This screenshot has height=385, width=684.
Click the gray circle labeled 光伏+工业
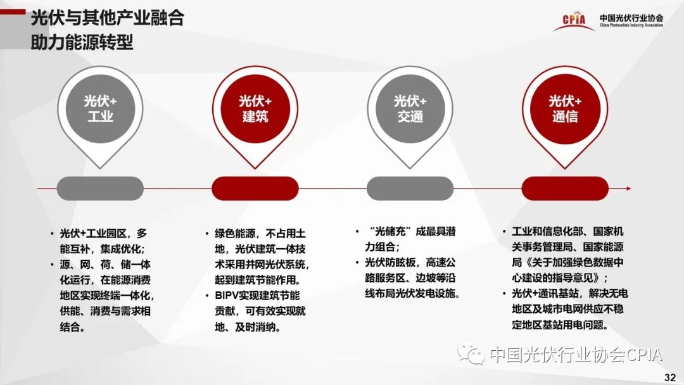pyautogui.click(x=100, y=108)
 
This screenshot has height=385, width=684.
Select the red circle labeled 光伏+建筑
pyautogui.click(x=255, y=108)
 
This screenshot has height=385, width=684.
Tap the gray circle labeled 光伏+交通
pyautogui.click(x=410, y=108)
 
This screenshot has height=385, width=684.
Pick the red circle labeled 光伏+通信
pyautogui.click(x=565, y=108)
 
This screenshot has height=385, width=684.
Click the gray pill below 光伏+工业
pyautogui.click(x=100, y=188)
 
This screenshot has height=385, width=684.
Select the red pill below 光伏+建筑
pyautogui.click(x=255, y=188)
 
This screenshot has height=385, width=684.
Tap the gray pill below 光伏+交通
pyautogui.click(x=410, y=188)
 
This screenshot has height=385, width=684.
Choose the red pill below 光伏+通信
pyautogui.click(x=565, y=188)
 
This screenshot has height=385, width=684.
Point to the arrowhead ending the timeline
pyautogui.click(x=629, y=188)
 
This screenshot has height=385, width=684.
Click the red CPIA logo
pyautogui.click(x=574, y=21)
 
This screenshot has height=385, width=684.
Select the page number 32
pyautogui.click(x=670, y=377)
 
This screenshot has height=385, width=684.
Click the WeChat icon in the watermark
pyautogui.click(x=471, y=353)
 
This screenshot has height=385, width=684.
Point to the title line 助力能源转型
pyautogui.click(x=82, y=42)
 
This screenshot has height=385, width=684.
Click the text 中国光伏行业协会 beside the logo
pyautogui.click(x=631, y=18)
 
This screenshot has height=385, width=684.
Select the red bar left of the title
pyautogui.click(x=13, y=12)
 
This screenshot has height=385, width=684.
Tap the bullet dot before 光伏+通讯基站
pyautogui.click(x=504, y=293)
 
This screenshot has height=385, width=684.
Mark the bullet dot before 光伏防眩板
pyautogui.click(x=357, y=263)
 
